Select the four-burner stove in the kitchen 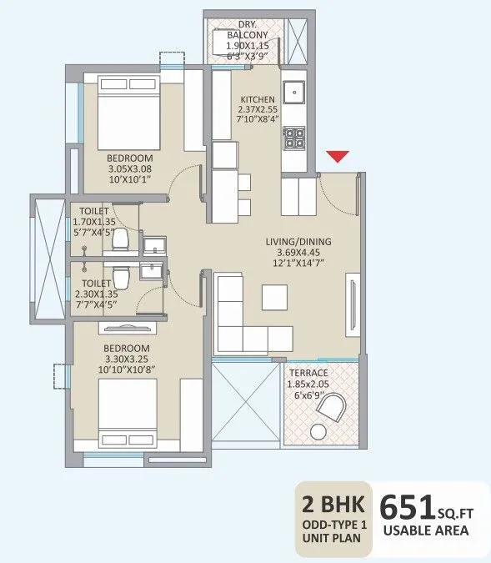click(x=295, y=138)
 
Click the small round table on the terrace click(x=318, y=431)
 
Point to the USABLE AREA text click(x=425, y=530)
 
